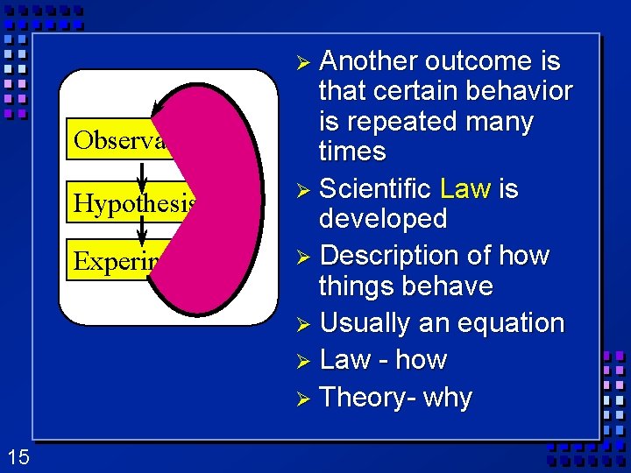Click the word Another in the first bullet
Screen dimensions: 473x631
(x=368, y=61)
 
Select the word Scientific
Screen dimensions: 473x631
(x=376, y=188)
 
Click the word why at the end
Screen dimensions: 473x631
(x=448, y=397)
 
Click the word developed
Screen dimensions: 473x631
(x=383, y=219)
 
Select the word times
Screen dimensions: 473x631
(x=352, y=151)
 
